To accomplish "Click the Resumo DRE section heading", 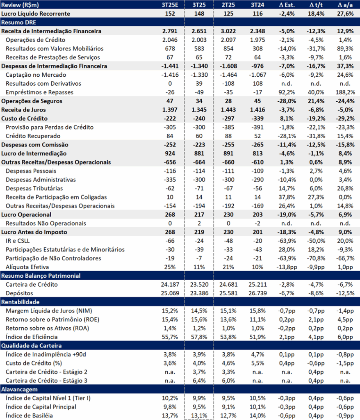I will click(18, 22).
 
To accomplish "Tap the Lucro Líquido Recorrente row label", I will click(35, 14).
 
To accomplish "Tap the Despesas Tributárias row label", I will click(34, 188).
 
